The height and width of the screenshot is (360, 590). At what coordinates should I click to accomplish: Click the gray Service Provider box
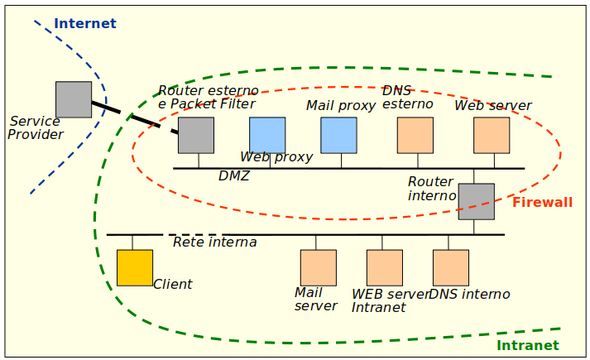[74, 99]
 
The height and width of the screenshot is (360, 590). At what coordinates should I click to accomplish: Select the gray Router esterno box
[196, 135]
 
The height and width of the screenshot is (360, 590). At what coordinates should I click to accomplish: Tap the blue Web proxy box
[267, 135]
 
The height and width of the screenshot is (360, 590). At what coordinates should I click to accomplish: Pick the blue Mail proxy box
[338, 135]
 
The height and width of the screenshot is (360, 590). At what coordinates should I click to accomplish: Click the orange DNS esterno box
[415, 135]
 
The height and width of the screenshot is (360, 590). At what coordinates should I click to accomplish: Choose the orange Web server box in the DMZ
[492, 135]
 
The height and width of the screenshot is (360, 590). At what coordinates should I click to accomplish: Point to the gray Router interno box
[476, 201]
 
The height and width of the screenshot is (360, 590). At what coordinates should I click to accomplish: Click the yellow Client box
[134, 267]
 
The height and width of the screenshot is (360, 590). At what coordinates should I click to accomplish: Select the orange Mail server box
[318, 267]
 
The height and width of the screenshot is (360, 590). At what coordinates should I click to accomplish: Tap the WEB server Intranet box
[384, 267]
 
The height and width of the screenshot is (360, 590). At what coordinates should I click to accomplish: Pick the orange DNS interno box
[450, 267]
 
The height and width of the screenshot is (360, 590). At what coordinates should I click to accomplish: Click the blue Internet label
[85, 23]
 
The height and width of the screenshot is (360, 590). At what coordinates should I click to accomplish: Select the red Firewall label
[542, 202]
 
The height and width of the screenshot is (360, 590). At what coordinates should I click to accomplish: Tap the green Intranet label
[527, 345]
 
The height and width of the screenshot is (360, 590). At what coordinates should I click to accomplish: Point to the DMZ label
[233, 176]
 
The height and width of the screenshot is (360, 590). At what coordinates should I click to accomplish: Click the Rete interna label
[214, 242]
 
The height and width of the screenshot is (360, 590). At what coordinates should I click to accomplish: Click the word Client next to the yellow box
[172, 284]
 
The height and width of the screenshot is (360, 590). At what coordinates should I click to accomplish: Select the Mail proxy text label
[340, 106]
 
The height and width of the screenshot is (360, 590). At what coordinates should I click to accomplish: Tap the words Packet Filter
[213, 104]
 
